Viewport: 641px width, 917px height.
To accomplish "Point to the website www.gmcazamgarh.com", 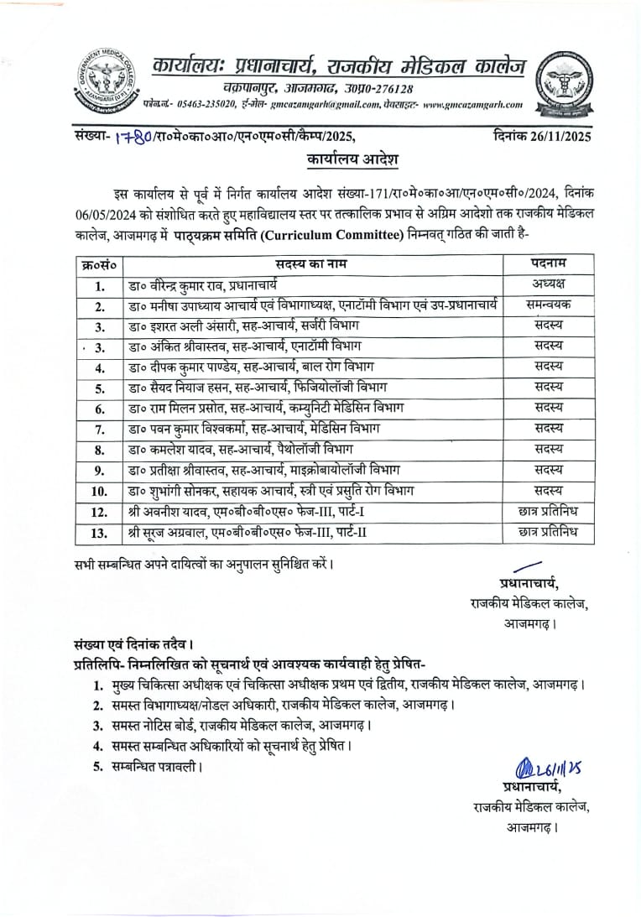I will [473, 105].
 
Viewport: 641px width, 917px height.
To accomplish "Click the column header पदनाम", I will [549, 263].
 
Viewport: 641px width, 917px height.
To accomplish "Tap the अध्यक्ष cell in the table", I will [549, 284].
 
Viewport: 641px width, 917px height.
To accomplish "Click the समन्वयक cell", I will [549, 305].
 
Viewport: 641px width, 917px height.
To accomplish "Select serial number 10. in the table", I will [99, 491].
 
